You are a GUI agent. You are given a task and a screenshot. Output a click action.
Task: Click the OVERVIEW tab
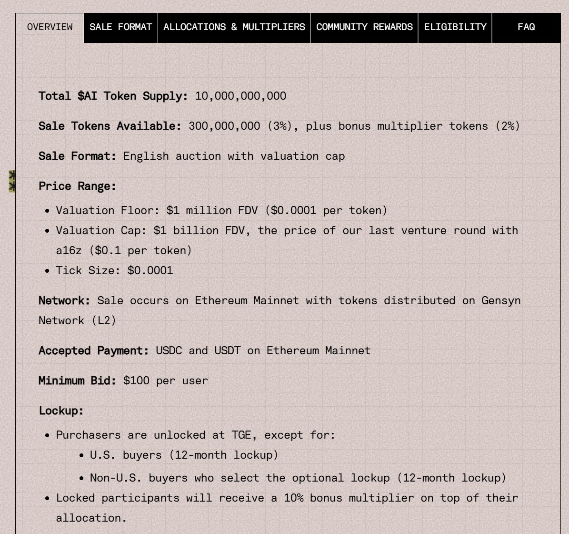point(50,27)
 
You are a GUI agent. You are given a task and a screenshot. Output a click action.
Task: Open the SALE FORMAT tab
point(120,27)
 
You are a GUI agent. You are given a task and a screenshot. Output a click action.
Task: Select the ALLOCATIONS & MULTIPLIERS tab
point(234,27)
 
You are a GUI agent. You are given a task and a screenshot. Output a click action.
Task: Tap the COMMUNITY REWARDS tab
point(364,27)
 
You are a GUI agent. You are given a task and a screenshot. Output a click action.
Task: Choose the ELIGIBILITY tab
point(455,27)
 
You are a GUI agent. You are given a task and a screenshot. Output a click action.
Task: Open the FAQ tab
point(526,27)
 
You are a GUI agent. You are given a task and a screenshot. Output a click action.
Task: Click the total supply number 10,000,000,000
point(240,96)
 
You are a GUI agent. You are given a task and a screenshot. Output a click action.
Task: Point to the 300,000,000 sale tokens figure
point(224,126)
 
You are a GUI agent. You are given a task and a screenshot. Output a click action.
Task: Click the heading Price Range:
point(77,186)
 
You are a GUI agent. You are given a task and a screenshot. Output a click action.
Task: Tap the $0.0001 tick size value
point(150,271)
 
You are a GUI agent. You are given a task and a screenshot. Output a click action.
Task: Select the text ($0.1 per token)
point(140,250)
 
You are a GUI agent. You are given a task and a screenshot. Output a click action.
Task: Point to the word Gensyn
point(501,301)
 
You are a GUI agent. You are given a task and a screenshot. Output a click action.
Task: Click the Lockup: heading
point(61,411)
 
